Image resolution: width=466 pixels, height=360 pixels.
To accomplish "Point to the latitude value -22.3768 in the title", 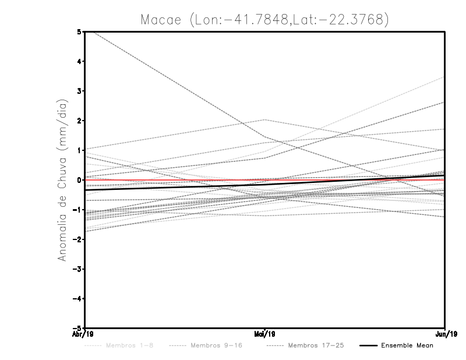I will coord(354,19).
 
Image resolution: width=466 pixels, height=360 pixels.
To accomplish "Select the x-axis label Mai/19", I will coord(265,334).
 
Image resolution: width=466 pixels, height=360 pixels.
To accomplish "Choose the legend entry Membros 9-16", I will coord(216,345).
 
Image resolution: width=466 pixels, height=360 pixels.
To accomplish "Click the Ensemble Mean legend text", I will coord(407,345).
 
